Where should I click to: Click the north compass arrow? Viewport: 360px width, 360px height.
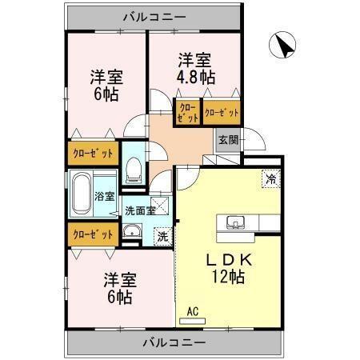282,44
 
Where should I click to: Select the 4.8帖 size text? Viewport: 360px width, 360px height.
196,78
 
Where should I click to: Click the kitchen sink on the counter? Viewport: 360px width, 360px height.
236,222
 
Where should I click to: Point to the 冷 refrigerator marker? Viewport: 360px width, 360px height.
271,179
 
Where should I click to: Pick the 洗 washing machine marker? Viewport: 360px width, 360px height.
162,236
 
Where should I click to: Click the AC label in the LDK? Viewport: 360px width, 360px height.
192,311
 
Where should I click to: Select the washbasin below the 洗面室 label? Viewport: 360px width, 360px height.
132,234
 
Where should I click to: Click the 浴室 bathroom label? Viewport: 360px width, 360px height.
104,196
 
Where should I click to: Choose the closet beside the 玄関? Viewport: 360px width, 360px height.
222,114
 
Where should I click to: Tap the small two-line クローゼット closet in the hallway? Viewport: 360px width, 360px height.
187,114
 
